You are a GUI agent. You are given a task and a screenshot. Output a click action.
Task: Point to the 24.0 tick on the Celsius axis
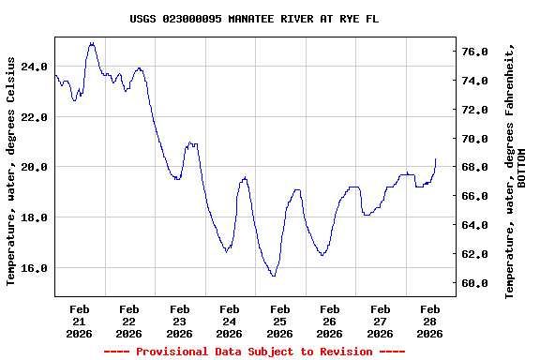point(33,67)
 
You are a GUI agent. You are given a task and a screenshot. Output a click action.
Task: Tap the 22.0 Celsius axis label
point(33,117)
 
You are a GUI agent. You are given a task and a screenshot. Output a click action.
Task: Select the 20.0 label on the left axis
point(33,167)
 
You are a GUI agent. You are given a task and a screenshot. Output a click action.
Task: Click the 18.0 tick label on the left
point(33,217)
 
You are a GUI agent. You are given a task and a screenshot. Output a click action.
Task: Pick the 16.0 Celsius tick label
point(33,268)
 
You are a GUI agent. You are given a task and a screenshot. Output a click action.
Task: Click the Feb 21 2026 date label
point(79,321)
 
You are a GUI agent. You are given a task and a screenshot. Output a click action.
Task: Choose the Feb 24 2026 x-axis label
point(229,321)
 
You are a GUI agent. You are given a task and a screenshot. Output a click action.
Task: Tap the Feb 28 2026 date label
point(429,321)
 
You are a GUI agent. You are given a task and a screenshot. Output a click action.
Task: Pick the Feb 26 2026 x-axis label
point(329,321)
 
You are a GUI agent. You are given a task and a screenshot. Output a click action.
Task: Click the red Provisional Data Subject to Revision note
point(254,352)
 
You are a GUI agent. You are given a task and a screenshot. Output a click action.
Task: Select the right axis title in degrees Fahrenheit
point(510,170)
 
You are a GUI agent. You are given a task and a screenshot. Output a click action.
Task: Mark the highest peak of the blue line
point(91,42)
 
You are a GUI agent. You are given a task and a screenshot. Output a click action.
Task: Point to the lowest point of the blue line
point(273,276)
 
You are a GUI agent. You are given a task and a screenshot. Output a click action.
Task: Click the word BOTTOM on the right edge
point(522,168)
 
